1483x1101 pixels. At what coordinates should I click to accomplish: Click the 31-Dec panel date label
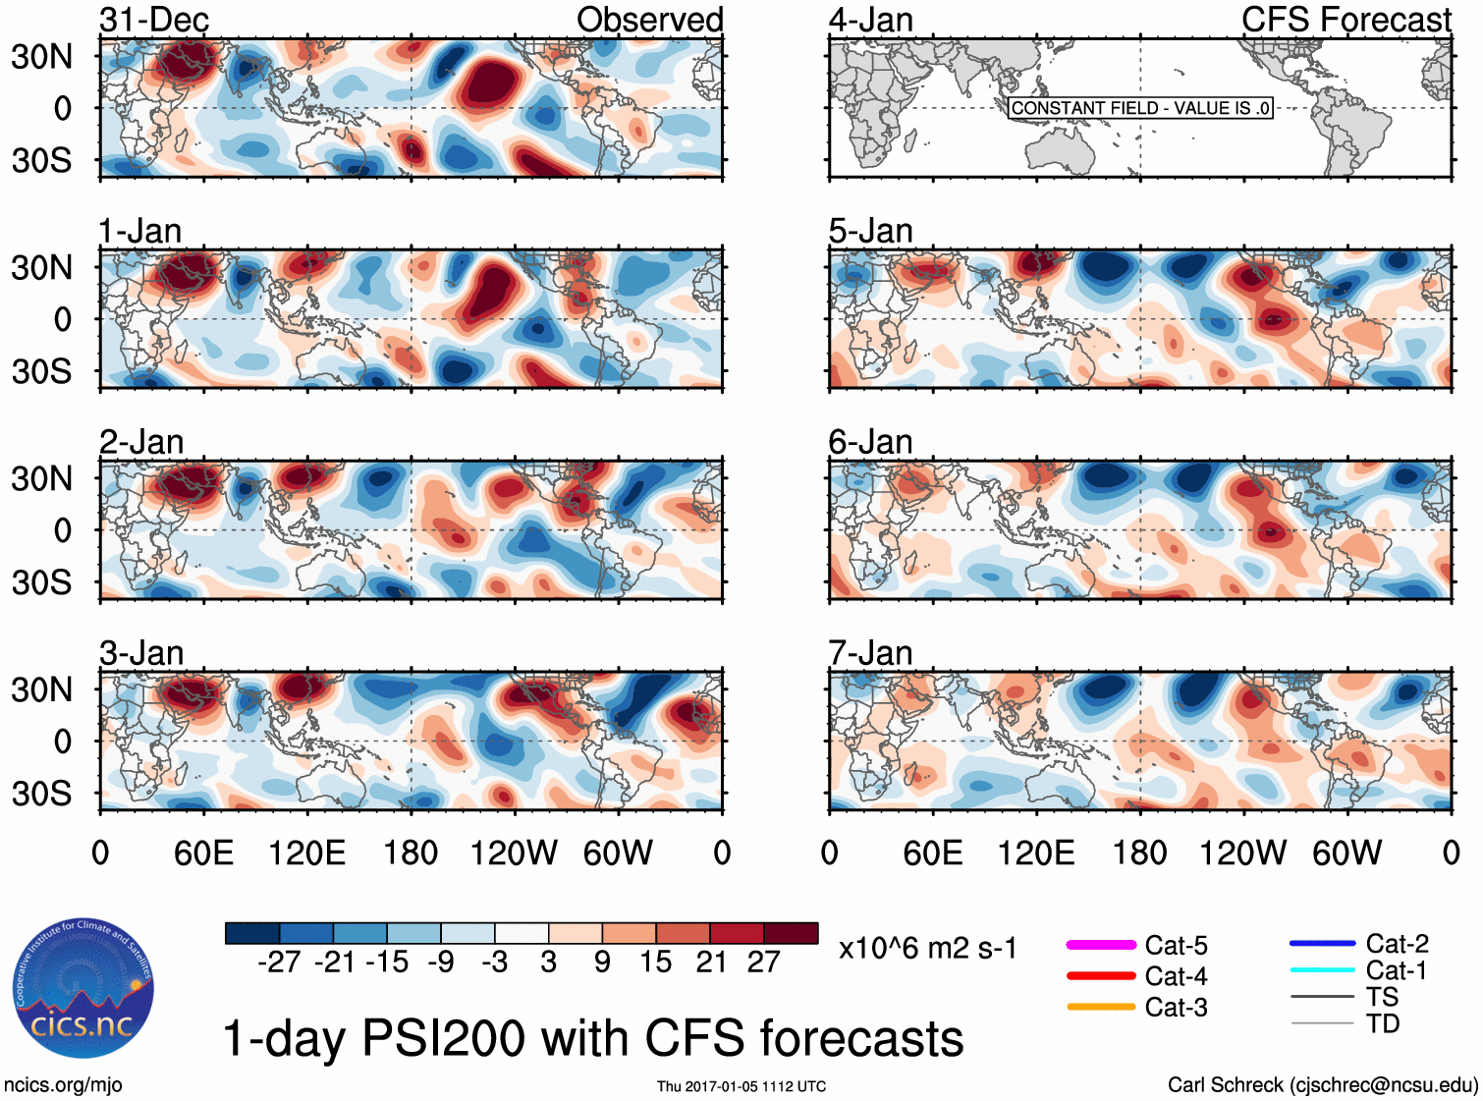pos(154,20)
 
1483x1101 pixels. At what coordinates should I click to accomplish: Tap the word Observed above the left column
pos(649,20)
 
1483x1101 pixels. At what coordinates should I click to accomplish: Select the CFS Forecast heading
pos(1346,20)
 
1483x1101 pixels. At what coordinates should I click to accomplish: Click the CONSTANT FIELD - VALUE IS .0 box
pos(1140,108)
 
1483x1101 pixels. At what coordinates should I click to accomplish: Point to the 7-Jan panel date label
pos(870,653)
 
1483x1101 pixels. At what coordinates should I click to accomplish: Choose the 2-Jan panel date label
pos(141,442)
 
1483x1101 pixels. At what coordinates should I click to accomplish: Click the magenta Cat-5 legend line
pos(1101,945)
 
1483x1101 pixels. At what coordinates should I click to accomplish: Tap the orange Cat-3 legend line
pos(1101,1007)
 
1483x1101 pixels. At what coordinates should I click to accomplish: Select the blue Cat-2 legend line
pos(1322,944)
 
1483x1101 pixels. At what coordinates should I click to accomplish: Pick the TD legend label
pos(1383,1023)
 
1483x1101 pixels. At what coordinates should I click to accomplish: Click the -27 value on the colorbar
pos(279,962)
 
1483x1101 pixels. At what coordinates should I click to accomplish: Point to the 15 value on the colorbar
pos(655,962)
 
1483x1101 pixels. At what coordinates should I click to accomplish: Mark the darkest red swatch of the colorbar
pos(791,933)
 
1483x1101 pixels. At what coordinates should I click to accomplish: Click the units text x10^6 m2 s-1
pos(927,948)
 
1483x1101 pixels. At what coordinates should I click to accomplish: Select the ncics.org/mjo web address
pos(63,1084)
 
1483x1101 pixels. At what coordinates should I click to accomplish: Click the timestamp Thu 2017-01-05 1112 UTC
pos(741,1086)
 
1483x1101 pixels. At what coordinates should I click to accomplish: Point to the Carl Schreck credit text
pos(1322,1084)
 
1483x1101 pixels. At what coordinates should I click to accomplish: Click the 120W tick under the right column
pos(1242,853)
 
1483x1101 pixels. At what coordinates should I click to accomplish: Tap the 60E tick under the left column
pos(203,853)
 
